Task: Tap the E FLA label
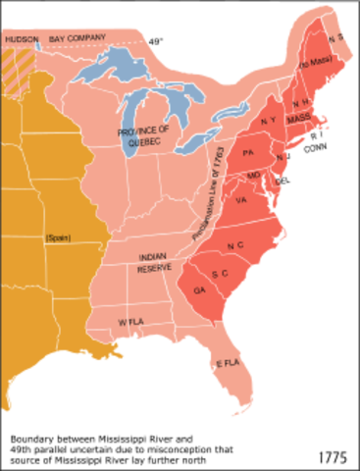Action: [228, 363]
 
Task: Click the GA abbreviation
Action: [200, 291]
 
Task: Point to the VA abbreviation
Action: [241, 200]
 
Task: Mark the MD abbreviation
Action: [253, 176]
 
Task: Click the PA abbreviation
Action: [248, 152]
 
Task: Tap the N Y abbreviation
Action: [269, 121]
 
